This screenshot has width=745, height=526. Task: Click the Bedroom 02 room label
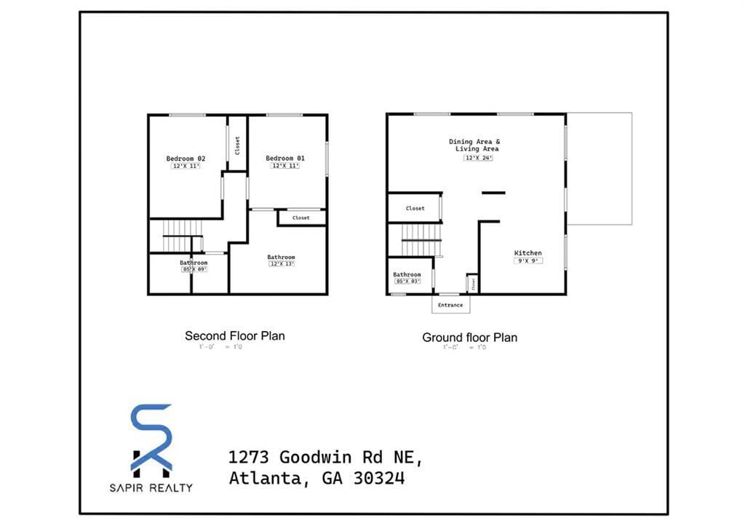(x=186, y=159)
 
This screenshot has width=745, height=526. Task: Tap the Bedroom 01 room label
(x=285, y=159)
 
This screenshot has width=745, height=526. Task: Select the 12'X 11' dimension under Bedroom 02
(x=186, y=167)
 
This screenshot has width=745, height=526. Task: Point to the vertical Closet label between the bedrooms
(x=237, y=145)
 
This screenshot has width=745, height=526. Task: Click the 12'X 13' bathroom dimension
(x=281, y=264)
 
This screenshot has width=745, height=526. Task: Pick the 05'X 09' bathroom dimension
(x=194, y=269)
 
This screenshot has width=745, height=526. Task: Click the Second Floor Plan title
(x=234, y=336)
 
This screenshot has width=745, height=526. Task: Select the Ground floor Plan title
(x=469, y=338)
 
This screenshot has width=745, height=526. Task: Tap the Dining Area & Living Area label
(x=474, y=145)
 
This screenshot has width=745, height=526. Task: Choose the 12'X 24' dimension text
(x=478, y=158)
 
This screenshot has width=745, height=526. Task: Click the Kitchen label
(x=528, y=253)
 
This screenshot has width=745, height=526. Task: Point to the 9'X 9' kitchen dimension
(x=528, y=260)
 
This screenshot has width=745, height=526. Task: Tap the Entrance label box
(x=450, y=305)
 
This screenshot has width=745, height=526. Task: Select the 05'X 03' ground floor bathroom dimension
(x=407, y=282)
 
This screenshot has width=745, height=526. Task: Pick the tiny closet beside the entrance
(x=472, y=284)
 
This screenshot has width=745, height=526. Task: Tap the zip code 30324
(x=378, y=479)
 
